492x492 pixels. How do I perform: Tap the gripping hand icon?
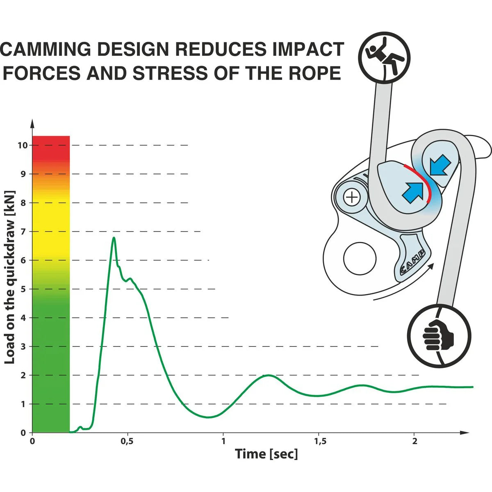[x=439, y=336]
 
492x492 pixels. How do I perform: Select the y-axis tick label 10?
[x=22, y=145]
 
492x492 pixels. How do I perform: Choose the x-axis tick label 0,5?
[x=128, y=442]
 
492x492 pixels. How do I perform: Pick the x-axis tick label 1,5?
[x=320, y=442]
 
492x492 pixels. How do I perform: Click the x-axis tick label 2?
[x=415, y=442]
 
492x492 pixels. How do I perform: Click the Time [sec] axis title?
[x=266, y=454]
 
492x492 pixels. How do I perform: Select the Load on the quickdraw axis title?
[x=10, y=277]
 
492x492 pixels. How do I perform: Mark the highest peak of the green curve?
[x=114, y=238]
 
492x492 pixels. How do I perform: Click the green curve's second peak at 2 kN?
[x=268, y=375]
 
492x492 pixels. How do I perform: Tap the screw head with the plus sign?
[x=351, y=198]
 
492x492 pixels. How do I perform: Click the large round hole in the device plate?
[x=360, y=259]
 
